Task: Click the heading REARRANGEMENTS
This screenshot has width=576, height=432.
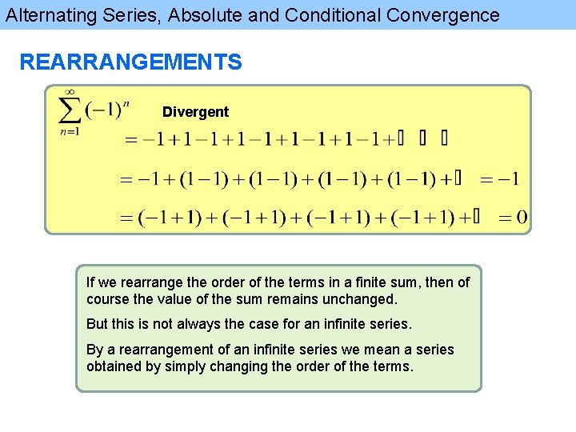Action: pyautogui.click(x=130, y=62)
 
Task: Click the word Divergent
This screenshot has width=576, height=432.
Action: pyautogui.click(x=195, y=112)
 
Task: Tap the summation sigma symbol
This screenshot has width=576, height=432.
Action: pyautogui.click(x=70, y=110)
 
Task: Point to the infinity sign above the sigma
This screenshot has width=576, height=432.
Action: pyautogui.click(x=70, y=92)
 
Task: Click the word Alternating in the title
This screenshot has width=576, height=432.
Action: pyautogui.click(x=49, y=15)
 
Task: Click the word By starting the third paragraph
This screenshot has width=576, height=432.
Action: pyautogui.click(x=95, y=350)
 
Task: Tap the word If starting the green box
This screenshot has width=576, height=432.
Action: pyautogui.click(x=90, y=282)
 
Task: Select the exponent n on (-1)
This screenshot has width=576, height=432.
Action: pyautogui.click(x=126, y=102)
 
